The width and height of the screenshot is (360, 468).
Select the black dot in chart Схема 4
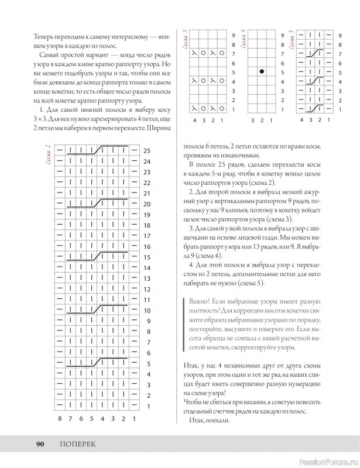(x=262, y=72)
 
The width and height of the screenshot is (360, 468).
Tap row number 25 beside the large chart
(x=147, y=150)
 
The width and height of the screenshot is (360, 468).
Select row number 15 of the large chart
(x=147, y=257)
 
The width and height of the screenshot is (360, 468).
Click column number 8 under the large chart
(x=60, y=419)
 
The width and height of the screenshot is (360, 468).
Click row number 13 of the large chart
(x=147, y=278)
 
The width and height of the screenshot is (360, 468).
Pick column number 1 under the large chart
(x=134, y=419)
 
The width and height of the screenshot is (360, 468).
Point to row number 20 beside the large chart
(x=147, y=204)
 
